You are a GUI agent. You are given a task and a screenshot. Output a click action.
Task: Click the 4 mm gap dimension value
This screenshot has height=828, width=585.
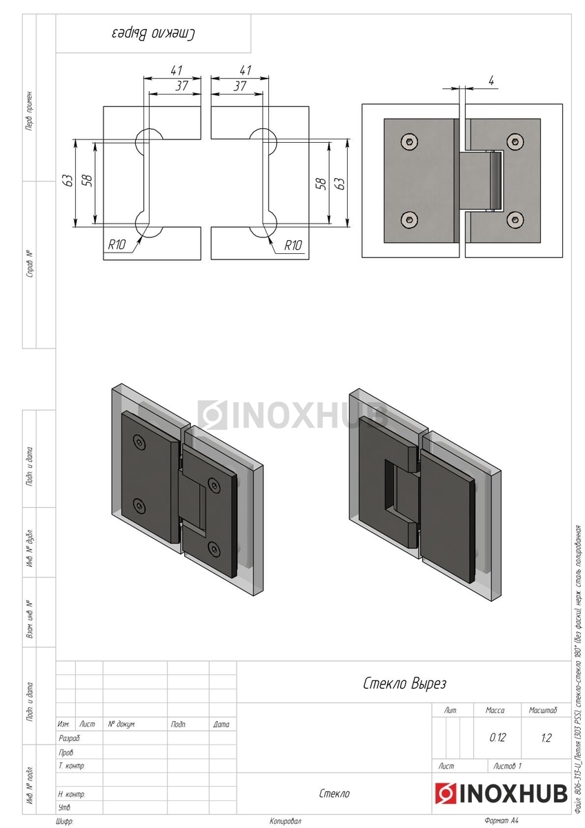coord(491,81)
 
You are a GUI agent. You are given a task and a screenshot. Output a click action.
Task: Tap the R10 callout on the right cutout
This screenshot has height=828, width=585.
coord(293,244)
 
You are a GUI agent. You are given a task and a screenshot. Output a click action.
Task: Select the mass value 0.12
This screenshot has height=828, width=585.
coord(497,738)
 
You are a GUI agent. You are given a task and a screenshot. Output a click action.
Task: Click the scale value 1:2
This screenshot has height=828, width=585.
coord(546,738)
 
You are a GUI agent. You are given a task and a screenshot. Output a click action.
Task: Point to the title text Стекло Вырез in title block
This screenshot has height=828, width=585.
coord(404,684)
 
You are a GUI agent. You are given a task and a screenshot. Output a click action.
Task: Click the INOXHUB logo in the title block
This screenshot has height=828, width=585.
coord(500,793)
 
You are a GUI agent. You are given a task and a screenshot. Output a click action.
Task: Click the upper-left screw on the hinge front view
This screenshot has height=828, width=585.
coord(410,141)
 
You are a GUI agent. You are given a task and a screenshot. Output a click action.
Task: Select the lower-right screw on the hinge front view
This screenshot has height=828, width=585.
coord(513,219)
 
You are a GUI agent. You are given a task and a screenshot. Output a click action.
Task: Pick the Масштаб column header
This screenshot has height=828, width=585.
coord(543,710)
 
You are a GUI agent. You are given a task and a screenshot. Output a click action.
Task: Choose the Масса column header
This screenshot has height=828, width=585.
coord(495,710)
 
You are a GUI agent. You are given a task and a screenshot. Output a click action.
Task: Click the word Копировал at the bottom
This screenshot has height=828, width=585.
coord(286,821)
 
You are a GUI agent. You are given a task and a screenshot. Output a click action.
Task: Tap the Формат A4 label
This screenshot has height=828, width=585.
coord(501,821)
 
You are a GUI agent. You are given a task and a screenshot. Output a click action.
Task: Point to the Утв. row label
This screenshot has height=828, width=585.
coord(65,807)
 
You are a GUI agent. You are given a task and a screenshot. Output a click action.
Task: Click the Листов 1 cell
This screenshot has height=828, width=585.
coord(508,766)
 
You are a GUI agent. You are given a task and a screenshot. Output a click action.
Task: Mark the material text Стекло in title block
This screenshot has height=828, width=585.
coord(334,793)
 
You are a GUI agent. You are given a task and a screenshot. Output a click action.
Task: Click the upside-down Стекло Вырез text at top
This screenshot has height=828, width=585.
coord(153,33)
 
